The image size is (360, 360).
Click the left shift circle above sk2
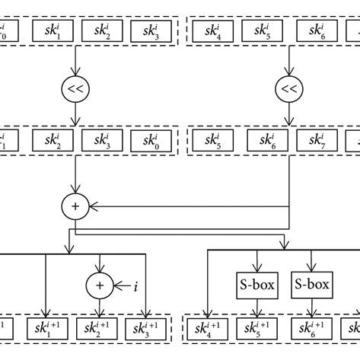click(76, 89)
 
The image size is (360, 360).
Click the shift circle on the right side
click(288, 89)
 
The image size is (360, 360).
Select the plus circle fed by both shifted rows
click(76, 205)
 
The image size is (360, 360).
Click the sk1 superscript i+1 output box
click(47, 330)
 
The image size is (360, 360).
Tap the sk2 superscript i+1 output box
click(99, 330)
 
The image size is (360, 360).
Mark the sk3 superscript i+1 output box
click(151, 330)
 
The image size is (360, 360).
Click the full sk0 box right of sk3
click(151, 141)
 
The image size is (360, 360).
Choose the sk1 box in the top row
click(47, 32)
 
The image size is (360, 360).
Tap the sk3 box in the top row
click(151, 32)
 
